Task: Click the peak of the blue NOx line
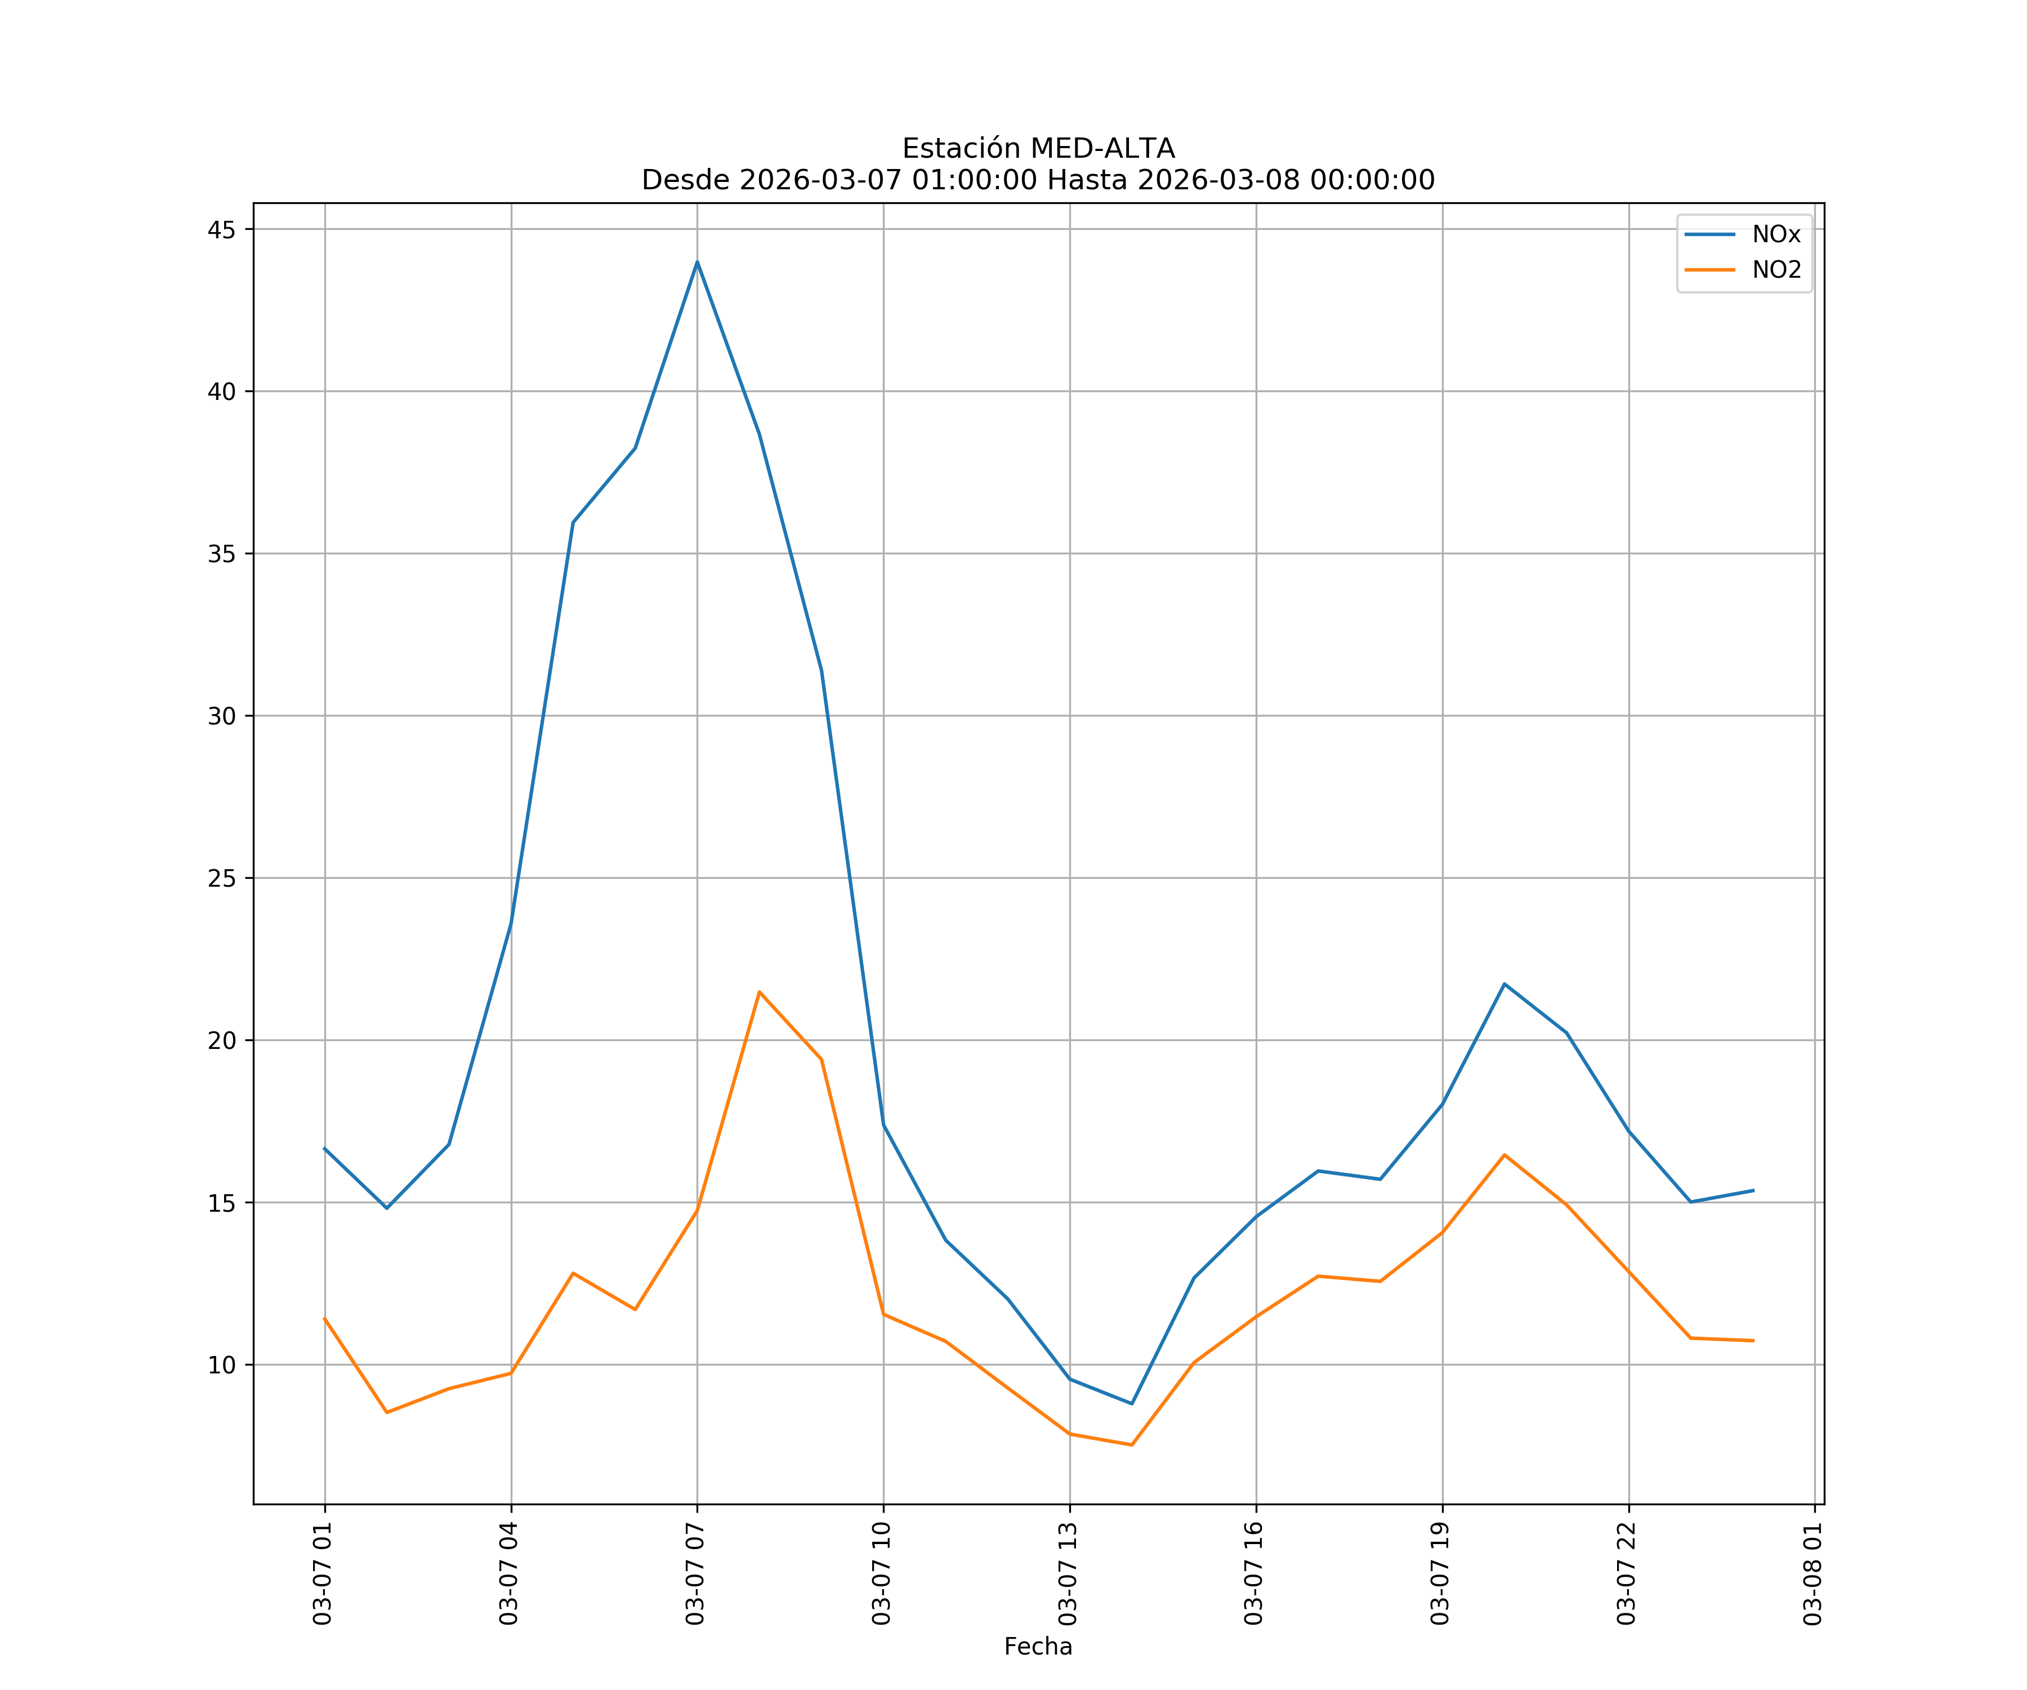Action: pos(697,262)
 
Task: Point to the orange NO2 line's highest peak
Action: pos(760,992)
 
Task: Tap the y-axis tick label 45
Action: pos(221,230)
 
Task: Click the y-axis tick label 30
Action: pos(221,717)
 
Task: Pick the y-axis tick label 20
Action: pos(221,1041)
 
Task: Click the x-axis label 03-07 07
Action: pos(695,1573)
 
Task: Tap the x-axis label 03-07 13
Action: pos(1068,1573)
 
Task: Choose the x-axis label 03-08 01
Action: pos(1812,1573)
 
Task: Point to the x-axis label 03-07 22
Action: pos(1627,1573)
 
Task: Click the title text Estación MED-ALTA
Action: pos(1038,149)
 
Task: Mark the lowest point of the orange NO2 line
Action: pos(1131,1445)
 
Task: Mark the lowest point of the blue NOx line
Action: pos(1131,1403)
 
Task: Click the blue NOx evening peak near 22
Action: pos(1504,984)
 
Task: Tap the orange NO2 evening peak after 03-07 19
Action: pos(1504,1155)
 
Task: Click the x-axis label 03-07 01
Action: pos(323,1573)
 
